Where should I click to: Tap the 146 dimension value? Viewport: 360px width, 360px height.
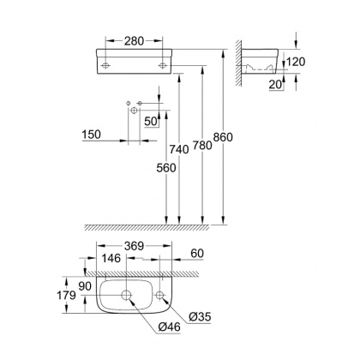112,258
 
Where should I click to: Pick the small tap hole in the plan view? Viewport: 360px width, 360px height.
160,297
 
